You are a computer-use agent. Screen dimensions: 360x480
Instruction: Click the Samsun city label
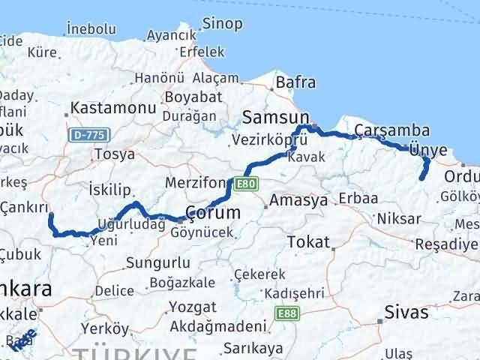276,118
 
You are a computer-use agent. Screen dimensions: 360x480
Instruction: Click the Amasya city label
298,201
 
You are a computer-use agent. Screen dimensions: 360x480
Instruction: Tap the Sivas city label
405,311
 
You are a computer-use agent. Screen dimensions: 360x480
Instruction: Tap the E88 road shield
285,313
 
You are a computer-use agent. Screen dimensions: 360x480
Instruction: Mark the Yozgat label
193,307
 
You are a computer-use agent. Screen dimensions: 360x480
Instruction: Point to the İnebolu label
91,28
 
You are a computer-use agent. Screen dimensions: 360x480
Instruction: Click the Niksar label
398,219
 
